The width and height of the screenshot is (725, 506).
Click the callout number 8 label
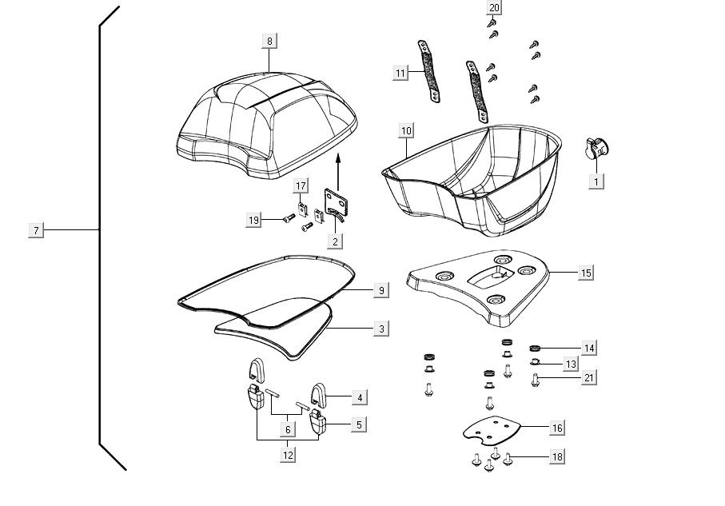(269, 42)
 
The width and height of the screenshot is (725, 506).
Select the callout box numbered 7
(36, 230)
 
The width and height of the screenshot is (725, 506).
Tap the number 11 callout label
(400, 73)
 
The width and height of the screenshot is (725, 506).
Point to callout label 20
(494, 8)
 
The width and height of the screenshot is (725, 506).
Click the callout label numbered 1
(596, 181)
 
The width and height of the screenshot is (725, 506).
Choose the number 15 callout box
(586, 273)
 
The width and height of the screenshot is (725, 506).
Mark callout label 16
(557, 428)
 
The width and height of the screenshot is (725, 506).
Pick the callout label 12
(288, 455)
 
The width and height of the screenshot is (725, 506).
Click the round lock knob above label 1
(596, 146)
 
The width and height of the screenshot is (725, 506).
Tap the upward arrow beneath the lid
(338, 172)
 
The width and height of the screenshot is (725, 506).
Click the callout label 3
(382, 329)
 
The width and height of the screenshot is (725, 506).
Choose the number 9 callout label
(382, 290)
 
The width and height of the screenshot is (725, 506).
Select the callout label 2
(336, 241)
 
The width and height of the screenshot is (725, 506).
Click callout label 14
(589, 348)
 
